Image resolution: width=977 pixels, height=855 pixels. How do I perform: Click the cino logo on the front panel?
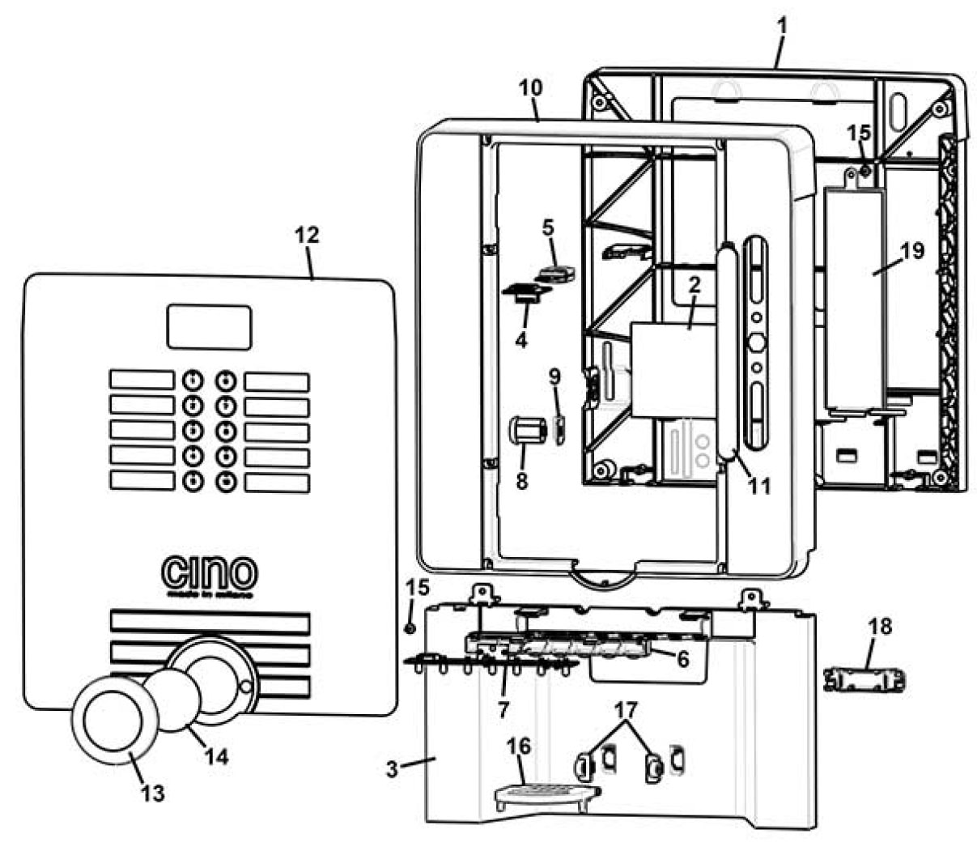[x=210, y=574]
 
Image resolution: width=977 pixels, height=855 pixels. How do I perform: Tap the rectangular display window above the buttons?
[x=209, y=327]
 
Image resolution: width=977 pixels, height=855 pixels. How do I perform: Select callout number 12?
[x=307, y=235]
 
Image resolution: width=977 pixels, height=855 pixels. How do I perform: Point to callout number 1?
[x=781, y=26]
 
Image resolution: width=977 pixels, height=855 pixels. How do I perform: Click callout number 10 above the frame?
[x=531, y=87]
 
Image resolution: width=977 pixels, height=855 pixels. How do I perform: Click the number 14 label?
[x=216, y=756]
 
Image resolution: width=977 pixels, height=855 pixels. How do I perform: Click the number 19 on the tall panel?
[x=912, y=250]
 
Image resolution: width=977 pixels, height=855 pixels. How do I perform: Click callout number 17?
[x=626, y=710]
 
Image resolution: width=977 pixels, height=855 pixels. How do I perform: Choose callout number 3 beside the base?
[x=392, y=768]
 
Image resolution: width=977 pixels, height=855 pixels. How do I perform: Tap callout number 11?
[x=759, y=486]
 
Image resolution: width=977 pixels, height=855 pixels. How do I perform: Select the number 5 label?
[x=548, y=228]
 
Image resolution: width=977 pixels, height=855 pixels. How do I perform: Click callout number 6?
[x=682, y=660]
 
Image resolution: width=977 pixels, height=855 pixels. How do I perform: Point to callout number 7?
[x=503, y=709]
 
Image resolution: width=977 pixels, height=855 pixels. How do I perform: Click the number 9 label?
[x=554, y=377]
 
